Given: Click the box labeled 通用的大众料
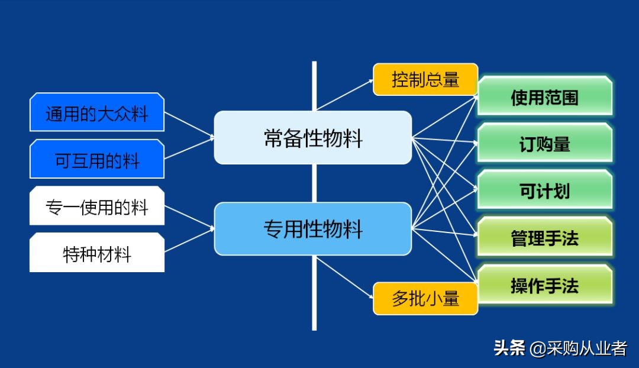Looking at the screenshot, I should [x=96, y=112].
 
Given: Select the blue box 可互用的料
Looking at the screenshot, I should [x=96, y=159].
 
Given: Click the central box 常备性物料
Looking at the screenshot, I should [x=312, y=138].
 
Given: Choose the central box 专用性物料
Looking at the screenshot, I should [x=312, y=229].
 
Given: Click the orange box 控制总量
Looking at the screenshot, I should [x=425, y=79].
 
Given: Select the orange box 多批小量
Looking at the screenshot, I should [x=425, y=299].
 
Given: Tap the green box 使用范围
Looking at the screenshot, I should [x=544, y=96].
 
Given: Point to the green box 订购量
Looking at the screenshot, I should [x=544, y=143].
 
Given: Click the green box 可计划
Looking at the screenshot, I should [x=544, y=191].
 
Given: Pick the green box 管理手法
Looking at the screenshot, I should [x=544, y=238].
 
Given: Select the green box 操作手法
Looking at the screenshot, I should [x=544, y=285].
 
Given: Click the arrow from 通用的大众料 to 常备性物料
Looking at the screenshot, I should [x=189, y=126].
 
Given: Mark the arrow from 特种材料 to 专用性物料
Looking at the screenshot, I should [x=189, y=240].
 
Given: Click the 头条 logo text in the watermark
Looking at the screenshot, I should [x=509, y=348].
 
